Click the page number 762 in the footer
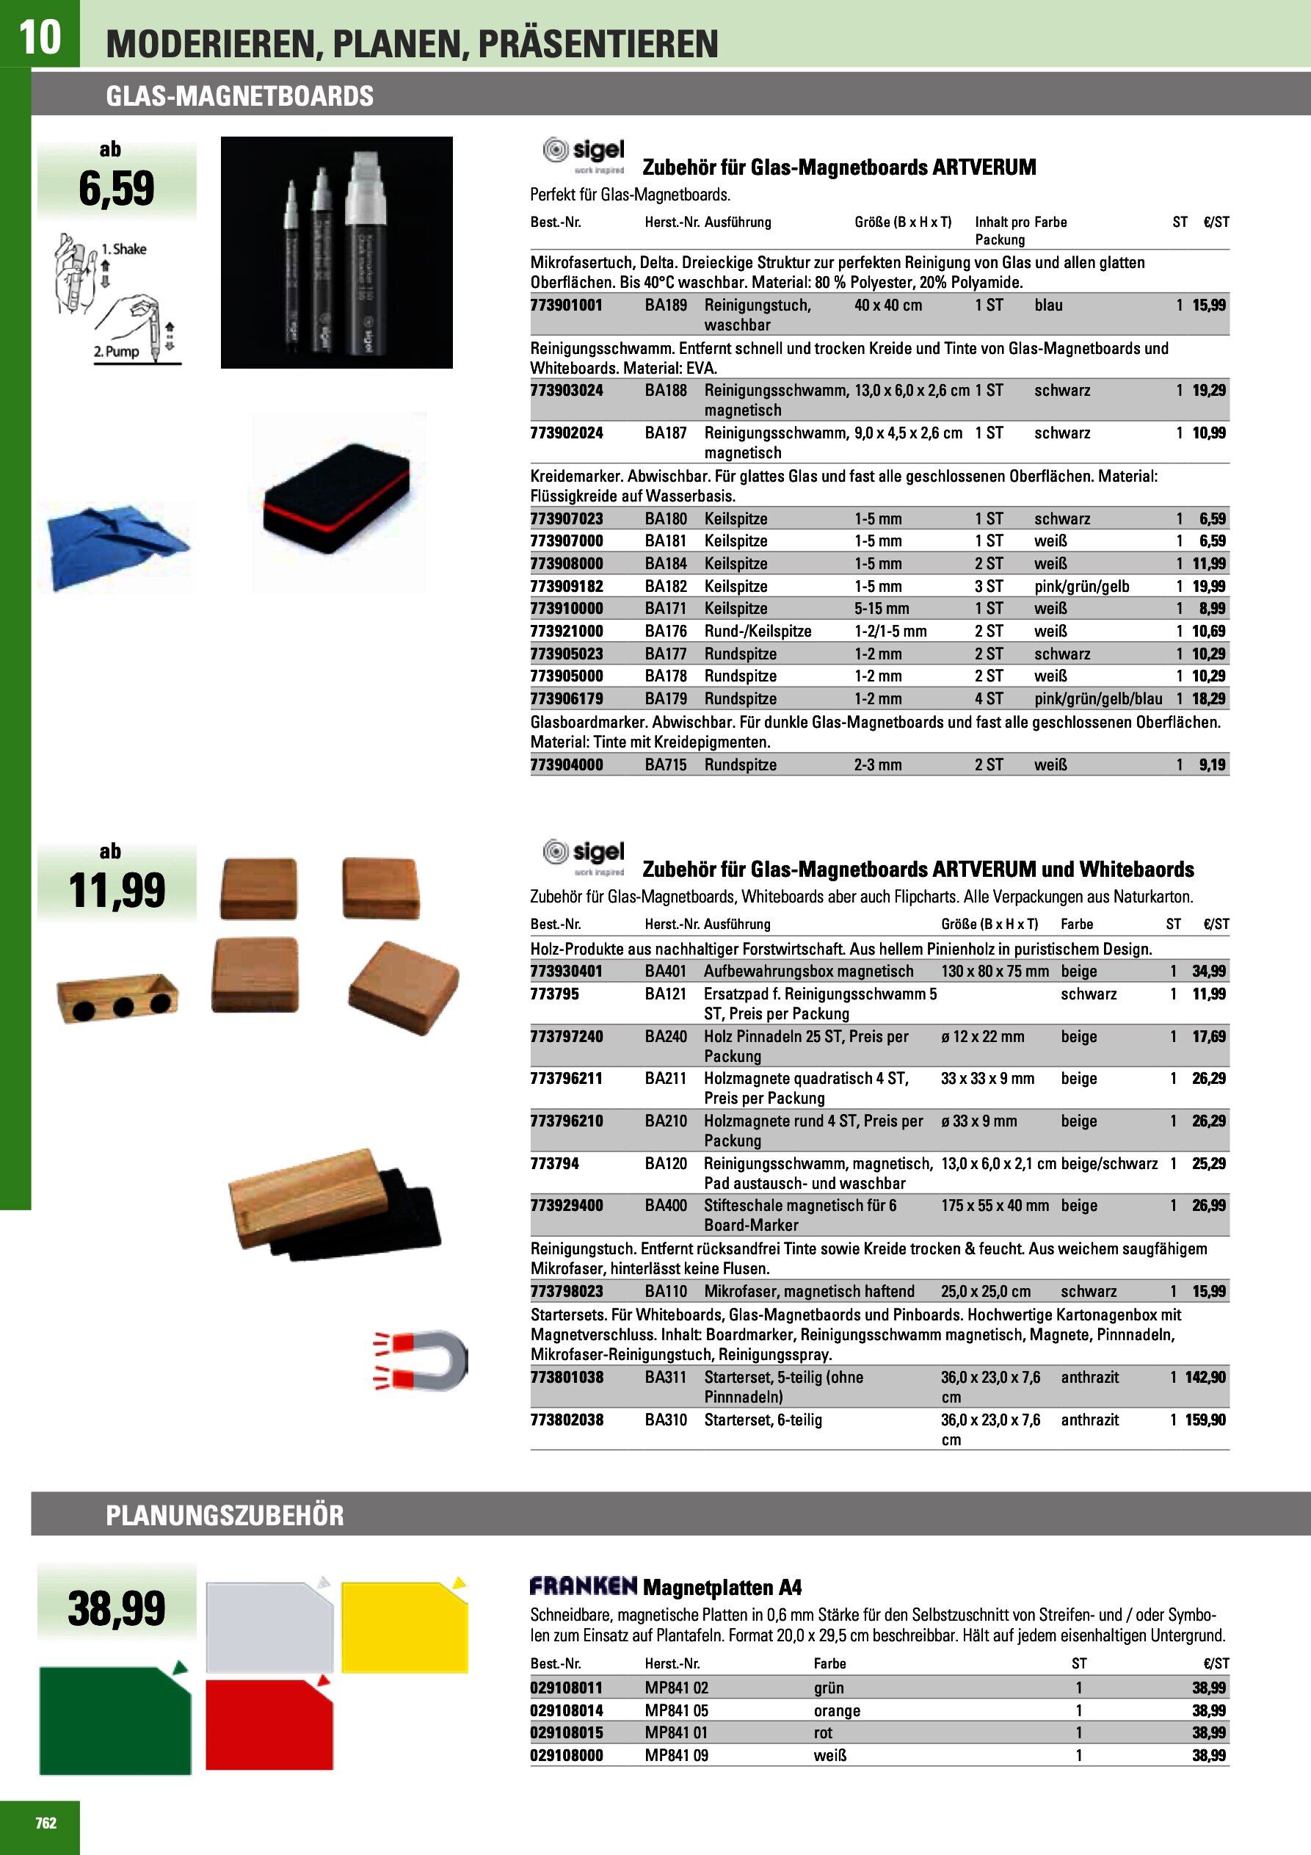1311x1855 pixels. click(x=46, y=1822)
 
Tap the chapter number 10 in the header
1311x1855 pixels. click(x=39, y=37)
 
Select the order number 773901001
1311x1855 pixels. click(x=566, y=305)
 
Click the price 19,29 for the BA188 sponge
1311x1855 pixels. click(x=1208, y=390)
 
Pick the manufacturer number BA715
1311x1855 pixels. click(x=666, y=764)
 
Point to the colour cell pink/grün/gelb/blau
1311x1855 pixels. click(x=1097, y=699)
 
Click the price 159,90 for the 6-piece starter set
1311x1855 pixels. click(x=1205, y=1420)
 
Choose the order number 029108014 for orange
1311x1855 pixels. click(x=566, y=1710)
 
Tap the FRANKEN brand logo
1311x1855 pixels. click(x=584, y=1586)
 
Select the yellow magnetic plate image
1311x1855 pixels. click(x=404, y=1627)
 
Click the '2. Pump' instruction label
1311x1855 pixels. click(x=116, y=352)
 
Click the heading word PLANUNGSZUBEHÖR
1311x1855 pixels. click(x=225, y=1515)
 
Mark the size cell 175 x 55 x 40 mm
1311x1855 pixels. click(x=995, y=1205)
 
